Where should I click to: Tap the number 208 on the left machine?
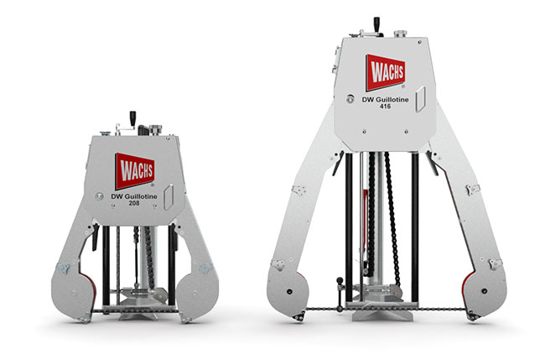pos(136,203)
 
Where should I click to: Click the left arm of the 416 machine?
pos(295,243)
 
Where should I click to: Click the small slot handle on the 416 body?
pos(428,96)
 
